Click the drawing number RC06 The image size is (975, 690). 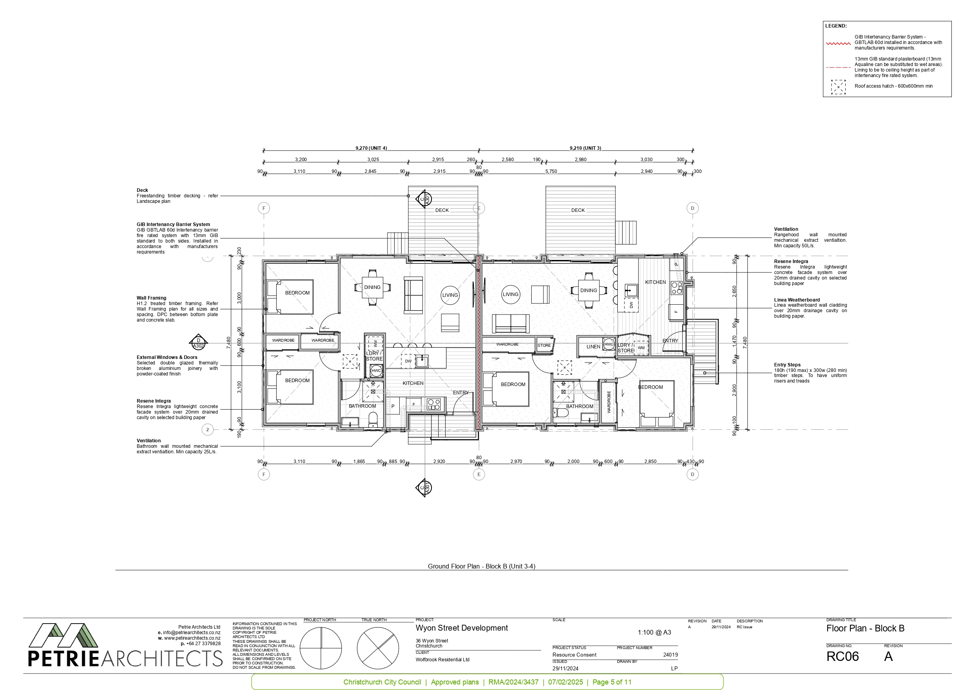842,657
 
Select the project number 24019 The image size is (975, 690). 670,655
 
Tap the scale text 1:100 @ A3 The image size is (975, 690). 654,632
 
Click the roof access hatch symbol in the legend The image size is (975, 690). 838,87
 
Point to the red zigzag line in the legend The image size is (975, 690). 838,43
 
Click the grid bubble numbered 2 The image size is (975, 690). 207,430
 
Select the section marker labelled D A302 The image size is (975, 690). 198,342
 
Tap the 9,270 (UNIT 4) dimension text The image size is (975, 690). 371,148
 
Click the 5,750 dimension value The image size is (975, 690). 551,171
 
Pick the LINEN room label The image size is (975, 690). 593,347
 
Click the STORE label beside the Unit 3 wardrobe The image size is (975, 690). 544,346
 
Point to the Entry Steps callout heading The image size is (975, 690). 787,364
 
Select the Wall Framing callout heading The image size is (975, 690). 152,298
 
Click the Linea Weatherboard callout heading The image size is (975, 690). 797,300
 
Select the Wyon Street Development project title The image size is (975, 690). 462,628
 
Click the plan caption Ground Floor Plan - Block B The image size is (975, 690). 481,567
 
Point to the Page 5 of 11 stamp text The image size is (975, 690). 612,682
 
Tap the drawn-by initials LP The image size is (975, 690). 674,668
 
